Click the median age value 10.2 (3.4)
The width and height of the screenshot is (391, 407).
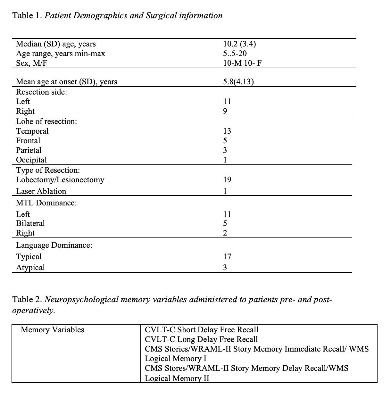click(239, 44)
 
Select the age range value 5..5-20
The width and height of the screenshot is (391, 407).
click(235, 54)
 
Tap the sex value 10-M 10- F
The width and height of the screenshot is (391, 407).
click(242, 63)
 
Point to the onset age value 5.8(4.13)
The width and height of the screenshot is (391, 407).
click(238, 82)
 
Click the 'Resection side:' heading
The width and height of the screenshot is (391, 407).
click(42, 92)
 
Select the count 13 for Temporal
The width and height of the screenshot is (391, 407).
click(227, 131)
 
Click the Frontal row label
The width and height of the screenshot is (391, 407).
click(28, 140)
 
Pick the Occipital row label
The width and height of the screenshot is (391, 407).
click(31, 160)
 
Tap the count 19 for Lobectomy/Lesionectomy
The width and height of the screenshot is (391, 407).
click(227, 179)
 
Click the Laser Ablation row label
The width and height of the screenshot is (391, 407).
click(41, 191)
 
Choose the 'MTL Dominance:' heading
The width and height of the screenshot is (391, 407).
click(46, 203)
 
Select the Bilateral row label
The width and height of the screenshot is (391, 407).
click(30, 223)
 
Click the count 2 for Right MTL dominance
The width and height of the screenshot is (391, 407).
click(225, 233)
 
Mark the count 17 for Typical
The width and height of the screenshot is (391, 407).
click(227, 256)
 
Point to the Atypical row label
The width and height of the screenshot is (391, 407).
click(30, 267)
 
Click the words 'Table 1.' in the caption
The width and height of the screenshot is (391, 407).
click(27, 15)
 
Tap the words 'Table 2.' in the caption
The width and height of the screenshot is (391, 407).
click(27, 299)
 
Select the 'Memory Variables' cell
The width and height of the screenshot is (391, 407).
click(52, 330)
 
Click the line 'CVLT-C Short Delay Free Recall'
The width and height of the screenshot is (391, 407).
click(201, 330)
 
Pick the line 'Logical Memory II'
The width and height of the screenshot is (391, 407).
click(177, 378)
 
